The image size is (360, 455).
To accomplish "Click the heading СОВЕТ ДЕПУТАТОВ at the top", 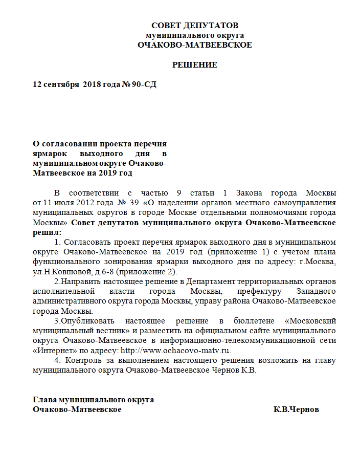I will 195,26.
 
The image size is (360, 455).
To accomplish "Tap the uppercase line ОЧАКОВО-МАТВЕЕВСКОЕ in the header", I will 195,45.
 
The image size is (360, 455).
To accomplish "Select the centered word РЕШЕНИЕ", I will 195,65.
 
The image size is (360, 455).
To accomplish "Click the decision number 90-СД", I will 144,84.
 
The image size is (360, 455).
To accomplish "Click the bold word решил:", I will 47,232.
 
